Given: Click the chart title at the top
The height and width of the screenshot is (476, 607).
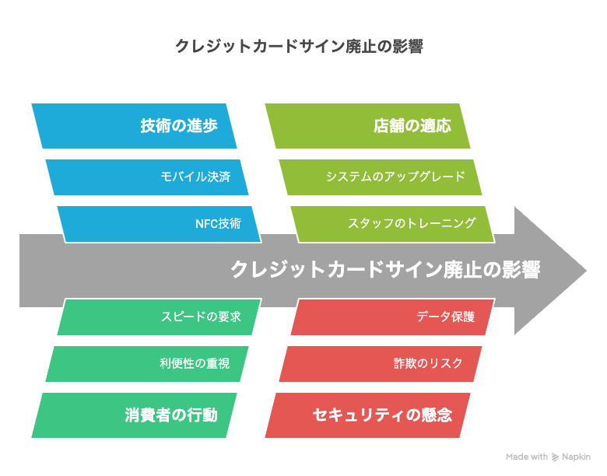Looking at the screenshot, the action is tap(299, 47).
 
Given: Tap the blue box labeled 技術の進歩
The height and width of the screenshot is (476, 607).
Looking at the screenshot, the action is tap(134, 126).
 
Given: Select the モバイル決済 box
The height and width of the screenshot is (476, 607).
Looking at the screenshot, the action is tap(147, 177).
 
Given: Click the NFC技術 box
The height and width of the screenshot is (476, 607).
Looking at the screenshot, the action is tap(160, 224).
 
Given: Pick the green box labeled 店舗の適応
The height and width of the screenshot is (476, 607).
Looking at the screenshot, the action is tap(367, 126).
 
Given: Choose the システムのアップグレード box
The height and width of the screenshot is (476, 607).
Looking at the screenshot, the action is tap(381, 177).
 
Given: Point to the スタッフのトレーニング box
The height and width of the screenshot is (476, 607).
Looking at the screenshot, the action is tap(393, 224).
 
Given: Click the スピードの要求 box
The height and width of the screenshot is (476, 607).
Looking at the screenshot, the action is tap(160, 317).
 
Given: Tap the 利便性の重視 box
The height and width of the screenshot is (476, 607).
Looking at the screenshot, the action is tap(147, 364).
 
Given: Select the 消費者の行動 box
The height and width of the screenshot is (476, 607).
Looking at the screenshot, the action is tap(134, 415).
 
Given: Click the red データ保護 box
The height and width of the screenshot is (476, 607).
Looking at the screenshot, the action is tap(393, 317).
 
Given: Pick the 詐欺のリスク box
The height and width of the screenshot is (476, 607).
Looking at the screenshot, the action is tap(381, 364).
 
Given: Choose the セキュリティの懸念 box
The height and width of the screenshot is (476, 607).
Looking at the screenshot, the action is tap(367, 415).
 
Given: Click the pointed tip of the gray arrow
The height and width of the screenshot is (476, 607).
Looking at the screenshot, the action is tap(587, 271).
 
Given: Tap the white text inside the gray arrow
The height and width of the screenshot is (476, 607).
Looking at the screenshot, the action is tap(385, 270).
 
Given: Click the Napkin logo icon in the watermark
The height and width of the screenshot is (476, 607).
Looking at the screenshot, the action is tap(555, 457).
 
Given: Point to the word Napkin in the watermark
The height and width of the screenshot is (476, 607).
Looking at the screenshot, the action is tap(577, 457).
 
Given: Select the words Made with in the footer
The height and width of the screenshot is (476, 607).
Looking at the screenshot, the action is tap(527, 457).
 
